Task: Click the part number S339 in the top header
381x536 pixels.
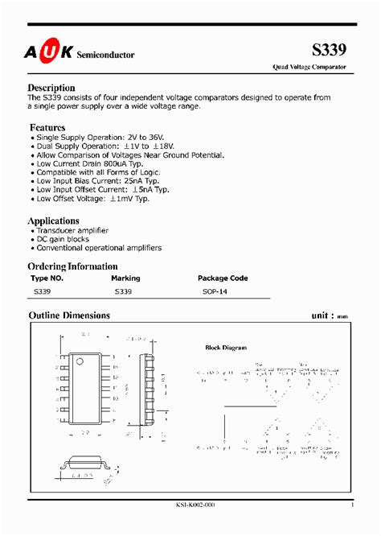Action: click(330, 50)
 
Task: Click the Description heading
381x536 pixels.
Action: click(51, 88)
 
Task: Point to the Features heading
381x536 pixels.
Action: click(47, 127)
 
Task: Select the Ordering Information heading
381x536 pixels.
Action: click(73, 266)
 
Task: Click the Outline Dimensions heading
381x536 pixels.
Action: click(69, 315)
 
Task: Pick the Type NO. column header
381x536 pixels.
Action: click(47, 278)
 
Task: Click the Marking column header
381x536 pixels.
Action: click(127, 278)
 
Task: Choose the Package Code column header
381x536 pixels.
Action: click(223, 278)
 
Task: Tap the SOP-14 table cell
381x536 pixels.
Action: click(215, 293)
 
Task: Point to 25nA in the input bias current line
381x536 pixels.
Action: click(121, 181)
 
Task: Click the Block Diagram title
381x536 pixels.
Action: click(226, 348)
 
